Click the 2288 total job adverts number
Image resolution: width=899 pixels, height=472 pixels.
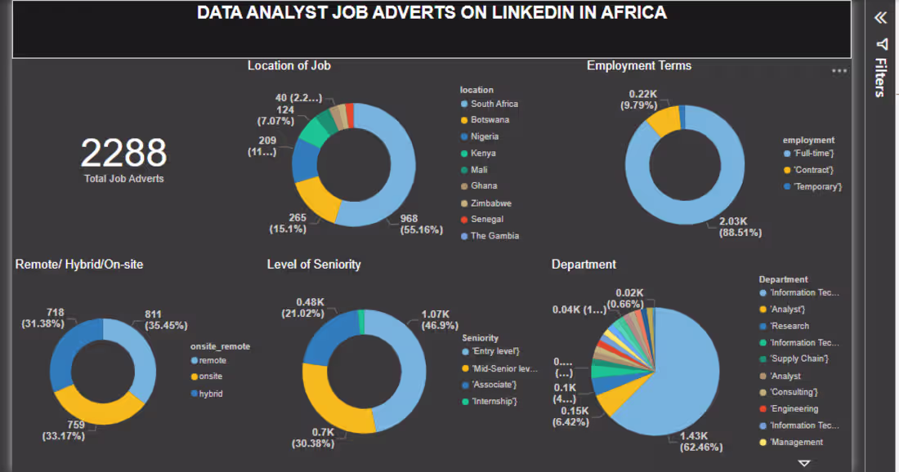click(124, 153)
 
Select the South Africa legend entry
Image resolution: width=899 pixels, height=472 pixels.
click(490, 104)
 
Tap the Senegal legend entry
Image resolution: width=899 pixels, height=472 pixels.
click(482, 220)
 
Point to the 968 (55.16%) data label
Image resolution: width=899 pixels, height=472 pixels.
click(422, 224)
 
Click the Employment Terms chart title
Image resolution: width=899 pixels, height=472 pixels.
click(639, 66)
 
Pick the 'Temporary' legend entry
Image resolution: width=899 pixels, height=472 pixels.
click(812, 187)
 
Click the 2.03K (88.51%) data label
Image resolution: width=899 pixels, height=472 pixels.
click(740, 227)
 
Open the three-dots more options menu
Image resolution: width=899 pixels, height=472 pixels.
click(839, 71)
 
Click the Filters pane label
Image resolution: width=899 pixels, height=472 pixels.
click(881, 78)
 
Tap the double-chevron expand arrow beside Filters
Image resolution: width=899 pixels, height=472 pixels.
click(881, 18)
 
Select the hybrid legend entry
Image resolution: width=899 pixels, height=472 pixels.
click(207, 394)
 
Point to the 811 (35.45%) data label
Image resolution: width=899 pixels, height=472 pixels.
click(166, 319)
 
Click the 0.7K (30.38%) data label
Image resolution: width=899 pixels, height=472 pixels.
click(313, 438)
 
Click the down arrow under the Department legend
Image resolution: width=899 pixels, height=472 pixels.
click(804, 463)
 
